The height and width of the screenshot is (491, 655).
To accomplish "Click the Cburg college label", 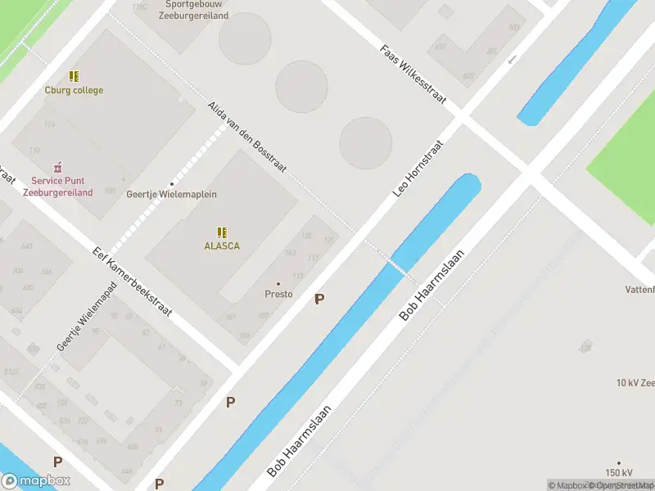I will pyautogui.click(x=74, y=90).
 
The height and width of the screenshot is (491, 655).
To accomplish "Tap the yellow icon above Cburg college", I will pyautogui.click(x=74, y=76).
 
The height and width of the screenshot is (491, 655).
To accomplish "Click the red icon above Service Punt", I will pyautogui.click(x=57, y=167).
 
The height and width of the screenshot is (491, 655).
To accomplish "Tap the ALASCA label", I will pyautogui.click(x=222, y=245).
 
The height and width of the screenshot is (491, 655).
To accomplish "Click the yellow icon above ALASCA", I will pyautogui.click(x=222, y=232).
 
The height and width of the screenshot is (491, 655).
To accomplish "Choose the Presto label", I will pyautogui.click(x=278, y=294).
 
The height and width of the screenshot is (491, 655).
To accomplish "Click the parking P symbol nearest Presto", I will pyautogui.click(x=319, y=300).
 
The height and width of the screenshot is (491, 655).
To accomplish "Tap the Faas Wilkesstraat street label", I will pyautogui.click(x=413, y=74).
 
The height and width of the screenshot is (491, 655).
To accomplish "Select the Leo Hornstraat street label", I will pyautogui.click(x=418, y=169).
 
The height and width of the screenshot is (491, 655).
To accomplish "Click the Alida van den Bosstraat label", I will pyautogui.click(x=246, y=137).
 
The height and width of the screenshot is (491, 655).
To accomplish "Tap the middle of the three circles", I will pyautogui.click(x=301, y=86).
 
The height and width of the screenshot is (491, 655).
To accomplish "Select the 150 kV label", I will pyautogui.click(x=619, y=473).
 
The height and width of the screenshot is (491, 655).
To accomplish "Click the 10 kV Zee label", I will pyautogui.click(x=635, y=382).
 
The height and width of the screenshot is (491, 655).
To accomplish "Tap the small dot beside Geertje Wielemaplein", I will pyautogui.click(x=171, y=183).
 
